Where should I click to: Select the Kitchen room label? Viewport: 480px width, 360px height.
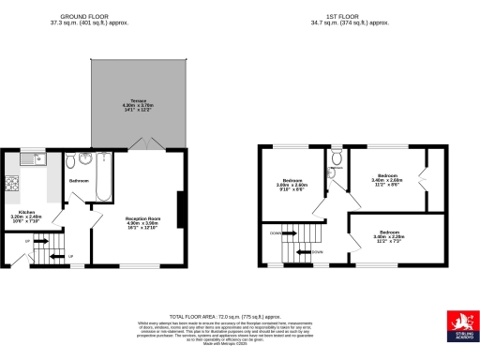point(27,215)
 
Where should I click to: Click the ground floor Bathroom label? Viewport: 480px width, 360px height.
point(79,180)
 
